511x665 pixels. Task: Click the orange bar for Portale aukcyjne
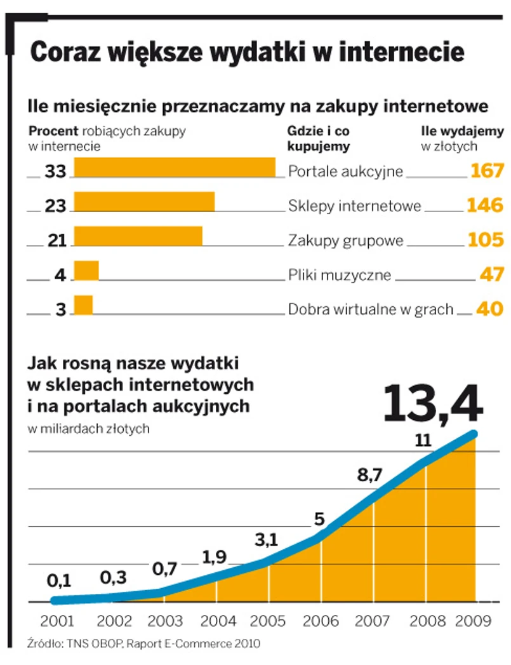[175, 167]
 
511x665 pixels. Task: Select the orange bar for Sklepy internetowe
[144, 201]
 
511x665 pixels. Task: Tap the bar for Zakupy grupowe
[138, 236]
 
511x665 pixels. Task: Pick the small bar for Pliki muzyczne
[86, 271]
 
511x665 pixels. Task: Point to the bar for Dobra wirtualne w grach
[83, 305]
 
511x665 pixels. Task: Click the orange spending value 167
[487, 171]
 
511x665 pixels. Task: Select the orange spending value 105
[486, 239]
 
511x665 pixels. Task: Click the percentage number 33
[56, 171]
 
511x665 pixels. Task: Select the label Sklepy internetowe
[355, 206]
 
